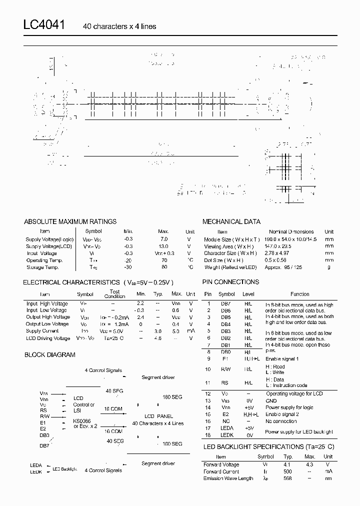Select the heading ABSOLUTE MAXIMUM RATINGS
(70, 221)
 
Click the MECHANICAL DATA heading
(231, 221)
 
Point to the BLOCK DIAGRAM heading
(50, 355)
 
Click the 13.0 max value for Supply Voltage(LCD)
(163, 246)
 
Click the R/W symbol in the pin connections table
(226, 369)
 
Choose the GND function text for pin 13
(271, 400)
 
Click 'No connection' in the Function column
(281, 421)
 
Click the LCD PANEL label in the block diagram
(158, 416)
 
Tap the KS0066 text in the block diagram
(82, 421)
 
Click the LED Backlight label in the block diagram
(65, 469)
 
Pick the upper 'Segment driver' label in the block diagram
(158, 377)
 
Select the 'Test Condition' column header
(114, 294)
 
